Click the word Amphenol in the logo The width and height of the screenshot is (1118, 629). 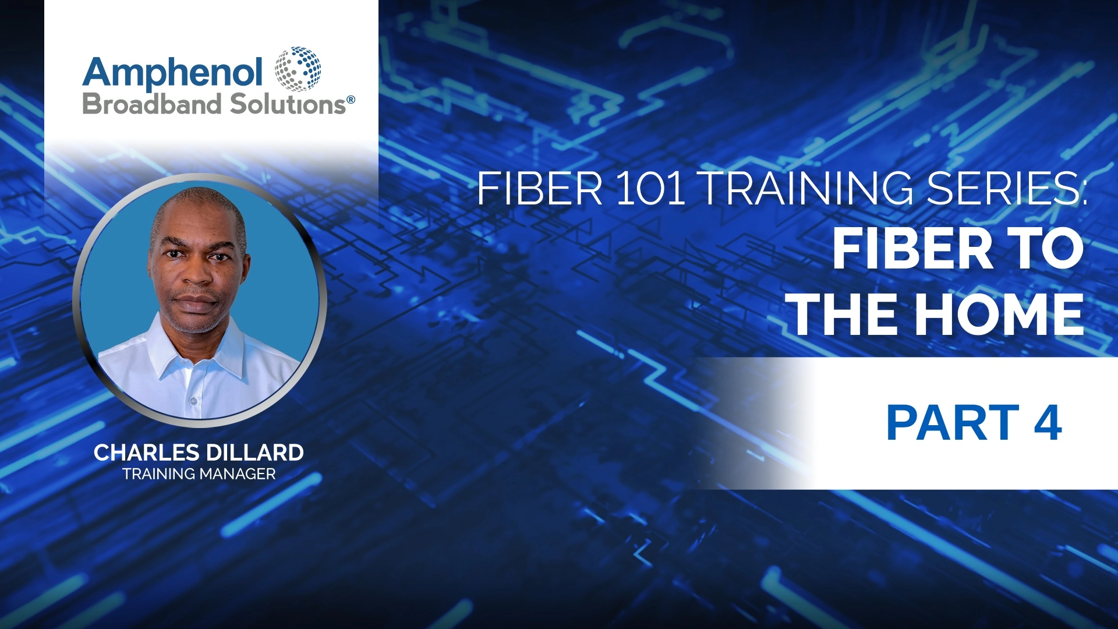tap(172, 73)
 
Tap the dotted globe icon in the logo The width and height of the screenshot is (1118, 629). tap(298, 69)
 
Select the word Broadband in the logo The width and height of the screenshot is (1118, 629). tap(152, 105)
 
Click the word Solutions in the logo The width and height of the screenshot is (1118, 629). tap(288, 105)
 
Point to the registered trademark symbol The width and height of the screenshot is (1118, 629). tap(351, 100)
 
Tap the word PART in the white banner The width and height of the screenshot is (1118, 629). tap(953, 423)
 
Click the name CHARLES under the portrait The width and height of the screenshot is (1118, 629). tap(146, 453)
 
